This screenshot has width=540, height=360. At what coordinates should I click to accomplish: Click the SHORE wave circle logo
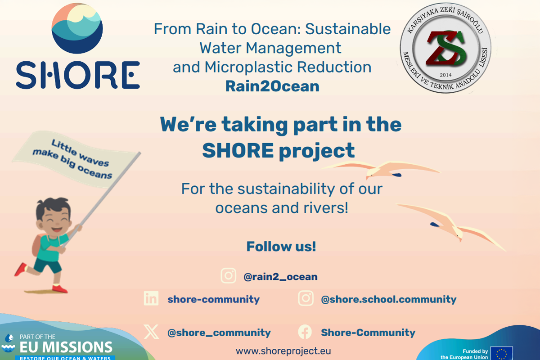pos(77,28)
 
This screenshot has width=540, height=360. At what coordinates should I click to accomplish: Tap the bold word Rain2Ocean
pos(272,86)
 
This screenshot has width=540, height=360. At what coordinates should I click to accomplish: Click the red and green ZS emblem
pos(445,49)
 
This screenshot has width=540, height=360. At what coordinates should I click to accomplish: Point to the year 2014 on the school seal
pos(445,75)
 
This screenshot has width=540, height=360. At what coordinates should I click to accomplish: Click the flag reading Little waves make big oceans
pos(75,159)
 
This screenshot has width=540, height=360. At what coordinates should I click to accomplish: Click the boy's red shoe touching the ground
pos(59,289)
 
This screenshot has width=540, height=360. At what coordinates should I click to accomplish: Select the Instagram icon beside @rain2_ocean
pos(228,275)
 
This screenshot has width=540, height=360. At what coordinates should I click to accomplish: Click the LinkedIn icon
pos(151,298)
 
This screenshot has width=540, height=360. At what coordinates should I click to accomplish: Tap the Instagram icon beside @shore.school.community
pos(306,298)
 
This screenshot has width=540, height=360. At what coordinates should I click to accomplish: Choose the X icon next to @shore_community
pos(151,332)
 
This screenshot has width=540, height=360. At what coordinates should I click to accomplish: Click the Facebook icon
pos(305,332)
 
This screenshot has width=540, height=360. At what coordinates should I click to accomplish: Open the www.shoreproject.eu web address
pos(283,351)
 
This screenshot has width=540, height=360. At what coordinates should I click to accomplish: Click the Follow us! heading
pos(281,247)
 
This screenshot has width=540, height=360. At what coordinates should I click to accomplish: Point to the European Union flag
pos(502,354)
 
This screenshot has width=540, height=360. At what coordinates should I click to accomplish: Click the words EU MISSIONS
pos(66,347)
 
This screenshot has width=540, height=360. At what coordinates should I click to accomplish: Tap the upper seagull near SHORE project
pos(381,169)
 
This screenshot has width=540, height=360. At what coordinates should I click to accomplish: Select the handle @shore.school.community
pos(389,299)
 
